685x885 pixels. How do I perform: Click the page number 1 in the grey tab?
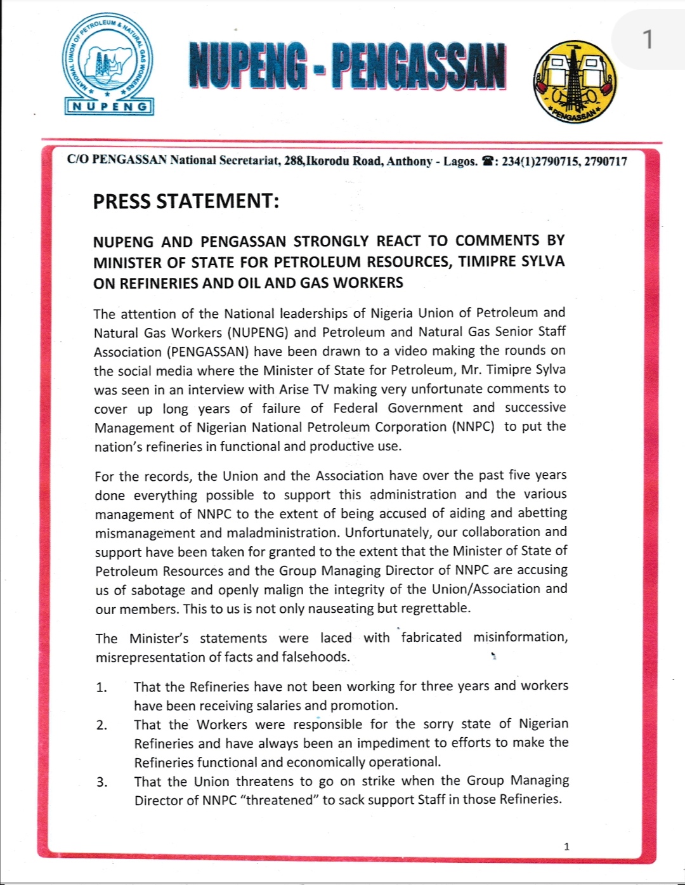coord(647,40)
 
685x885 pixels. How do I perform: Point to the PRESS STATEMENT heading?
coord(186,201)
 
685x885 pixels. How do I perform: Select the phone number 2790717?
coord(606,161)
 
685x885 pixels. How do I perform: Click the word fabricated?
coord(431,637)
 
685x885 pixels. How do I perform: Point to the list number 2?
coord(101,724)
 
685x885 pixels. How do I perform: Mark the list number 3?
coord(101,782)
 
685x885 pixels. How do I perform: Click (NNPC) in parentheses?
coord(473,427)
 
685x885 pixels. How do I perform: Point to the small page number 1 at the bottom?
coord(566,846)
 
